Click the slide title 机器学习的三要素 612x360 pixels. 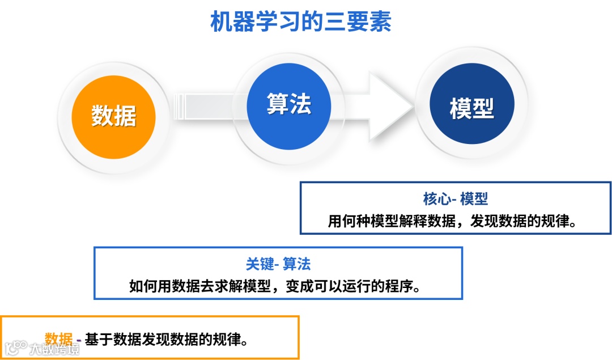click(301, 23)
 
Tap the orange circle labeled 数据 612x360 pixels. click(113, 117)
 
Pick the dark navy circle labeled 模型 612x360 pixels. click(471, 108)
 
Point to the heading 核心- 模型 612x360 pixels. click(455, 199)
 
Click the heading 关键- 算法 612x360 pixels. click(278, 264)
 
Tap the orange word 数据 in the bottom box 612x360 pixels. click(59, 339)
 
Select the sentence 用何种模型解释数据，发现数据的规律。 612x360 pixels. click(455, 221)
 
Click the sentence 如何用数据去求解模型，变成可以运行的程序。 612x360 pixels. click(278, 286)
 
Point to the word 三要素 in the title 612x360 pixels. click(366, 23)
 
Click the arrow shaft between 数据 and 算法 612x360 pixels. click(204, 107)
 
